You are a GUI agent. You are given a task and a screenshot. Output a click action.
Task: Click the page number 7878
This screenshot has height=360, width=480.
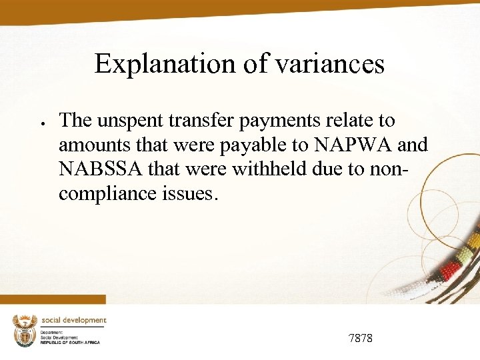(361, 339)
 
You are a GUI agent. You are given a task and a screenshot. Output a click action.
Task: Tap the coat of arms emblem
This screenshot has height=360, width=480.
(24, 330)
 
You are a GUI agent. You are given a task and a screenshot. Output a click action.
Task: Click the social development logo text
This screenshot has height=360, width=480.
(73, 321)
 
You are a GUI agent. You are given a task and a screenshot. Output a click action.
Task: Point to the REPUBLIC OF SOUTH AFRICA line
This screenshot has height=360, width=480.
(69, 342)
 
